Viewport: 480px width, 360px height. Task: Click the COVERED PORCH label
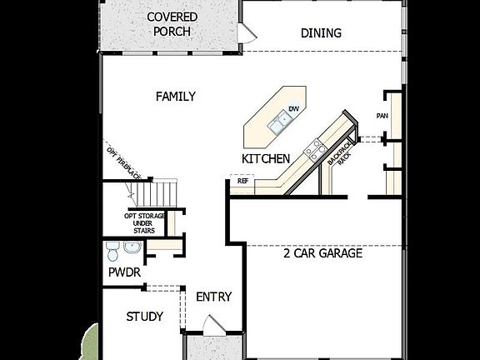tap(172, 24)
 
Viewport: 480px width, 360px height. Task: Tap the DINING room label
tap(321, 33)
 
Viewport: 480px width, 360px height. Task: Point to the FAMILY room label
tap(176, 97)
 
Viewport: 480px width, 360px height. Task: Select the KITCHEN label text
tap(266, 158)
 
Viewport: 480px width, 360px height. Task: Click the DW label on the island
tap(293, 109)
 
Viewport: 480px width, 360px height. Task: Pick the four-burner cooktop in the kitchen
tap(316, 150)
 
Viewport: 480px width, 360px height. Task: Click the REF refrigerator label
tap(242, 180)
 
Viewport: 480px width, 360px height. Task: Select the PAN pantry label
tap(382, 116)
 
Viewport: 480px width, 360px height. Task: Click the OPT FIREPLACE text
tap(122, 161)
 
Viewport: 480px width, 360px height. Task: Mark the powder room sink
tap(132, 248)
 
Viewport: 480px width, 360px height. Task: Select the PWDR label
tap(123, 272)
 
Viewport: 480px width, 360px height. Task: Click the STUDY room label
tap(144, 317)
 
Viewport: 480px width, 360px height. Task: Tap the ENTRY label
tap(213, 297)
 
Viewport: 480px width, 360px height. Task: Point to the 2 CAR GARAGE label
tap(322, 253)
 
